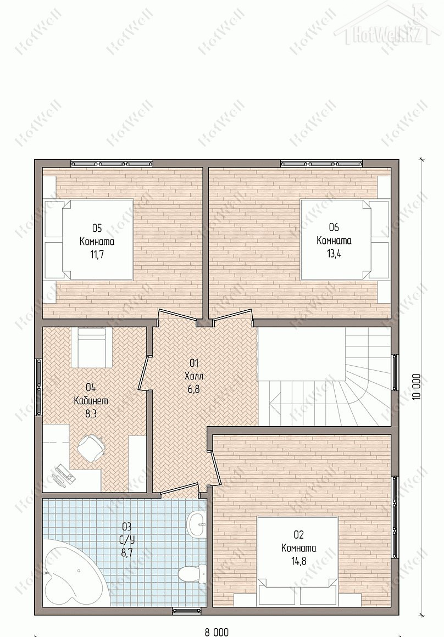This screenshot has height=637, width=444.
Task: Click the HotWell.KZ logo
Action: (389, 26)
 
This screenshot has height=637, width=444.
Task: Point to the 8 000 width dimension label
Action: (217, 632)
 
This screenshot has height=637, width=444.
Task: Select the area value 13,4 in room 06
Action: (334, 254)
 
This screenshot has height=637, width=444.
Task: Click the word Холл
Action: (194, 376)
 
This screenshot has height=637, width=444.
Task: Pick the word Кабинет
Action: (91, 400)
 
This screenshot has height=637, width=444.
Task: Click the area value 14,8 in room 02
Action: (299, 561)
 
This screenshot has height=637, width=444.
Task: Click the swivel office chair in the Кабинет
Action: (91, 448)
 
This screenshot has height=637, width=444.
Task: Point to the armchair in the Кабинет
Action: (91, 348)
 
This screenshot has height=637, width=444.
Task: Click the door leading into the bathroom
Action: (179, 490)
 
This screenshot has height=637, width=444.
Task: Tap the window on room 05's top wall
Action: (112, 163)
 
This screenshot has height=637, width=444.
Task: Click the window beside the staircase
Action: (395, 372)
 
